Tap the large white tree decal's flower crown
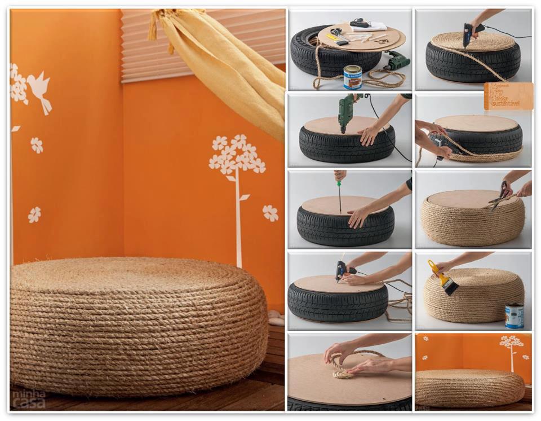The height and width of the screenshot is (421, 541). click(236, 154)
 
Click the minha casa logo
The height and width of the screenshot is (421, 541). click(29, 399)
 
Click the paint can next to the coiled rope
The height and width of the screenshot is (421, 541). click(353, 77)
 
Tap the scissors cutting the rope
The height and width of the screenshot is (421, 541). click(500, 196)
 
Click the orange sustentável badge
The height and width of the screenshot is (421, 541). click(508, 95)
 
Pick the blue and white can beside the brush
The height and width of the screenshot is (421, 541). click(514, 316)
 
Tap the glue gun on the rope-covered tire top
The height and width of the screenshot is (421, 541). click(469, 33)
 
